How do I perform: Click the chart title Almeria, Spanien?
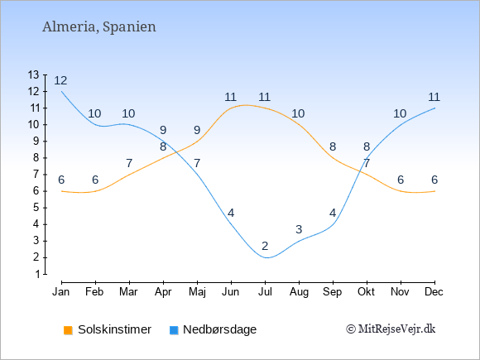99,27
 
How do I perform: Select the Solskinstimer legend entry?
108,329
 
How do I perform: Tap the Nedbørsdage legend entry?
213,329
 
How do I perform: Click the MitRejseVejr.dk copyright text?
391,329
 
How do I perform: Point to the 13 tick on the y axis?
33,74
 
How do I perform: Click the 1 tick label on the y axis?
37,274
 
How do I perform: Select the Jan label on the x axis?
61,292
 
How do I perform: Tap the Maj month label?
197,292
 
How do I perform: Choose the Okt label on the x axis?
366,292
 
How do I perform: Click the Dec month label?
434,292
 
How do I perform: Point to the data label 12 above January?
60,81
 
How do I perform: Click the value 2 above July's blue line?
265,246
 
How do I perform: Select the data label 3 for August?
299,229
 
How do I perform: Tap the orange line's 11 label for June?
231,98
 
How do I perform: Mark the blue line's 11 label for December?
434,98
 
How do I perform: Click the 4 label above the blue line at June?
231,213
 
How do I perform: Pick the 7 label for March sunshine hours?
129,163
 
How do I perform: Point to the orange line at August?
299,125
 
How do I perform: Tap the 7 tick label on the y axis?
36,175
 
